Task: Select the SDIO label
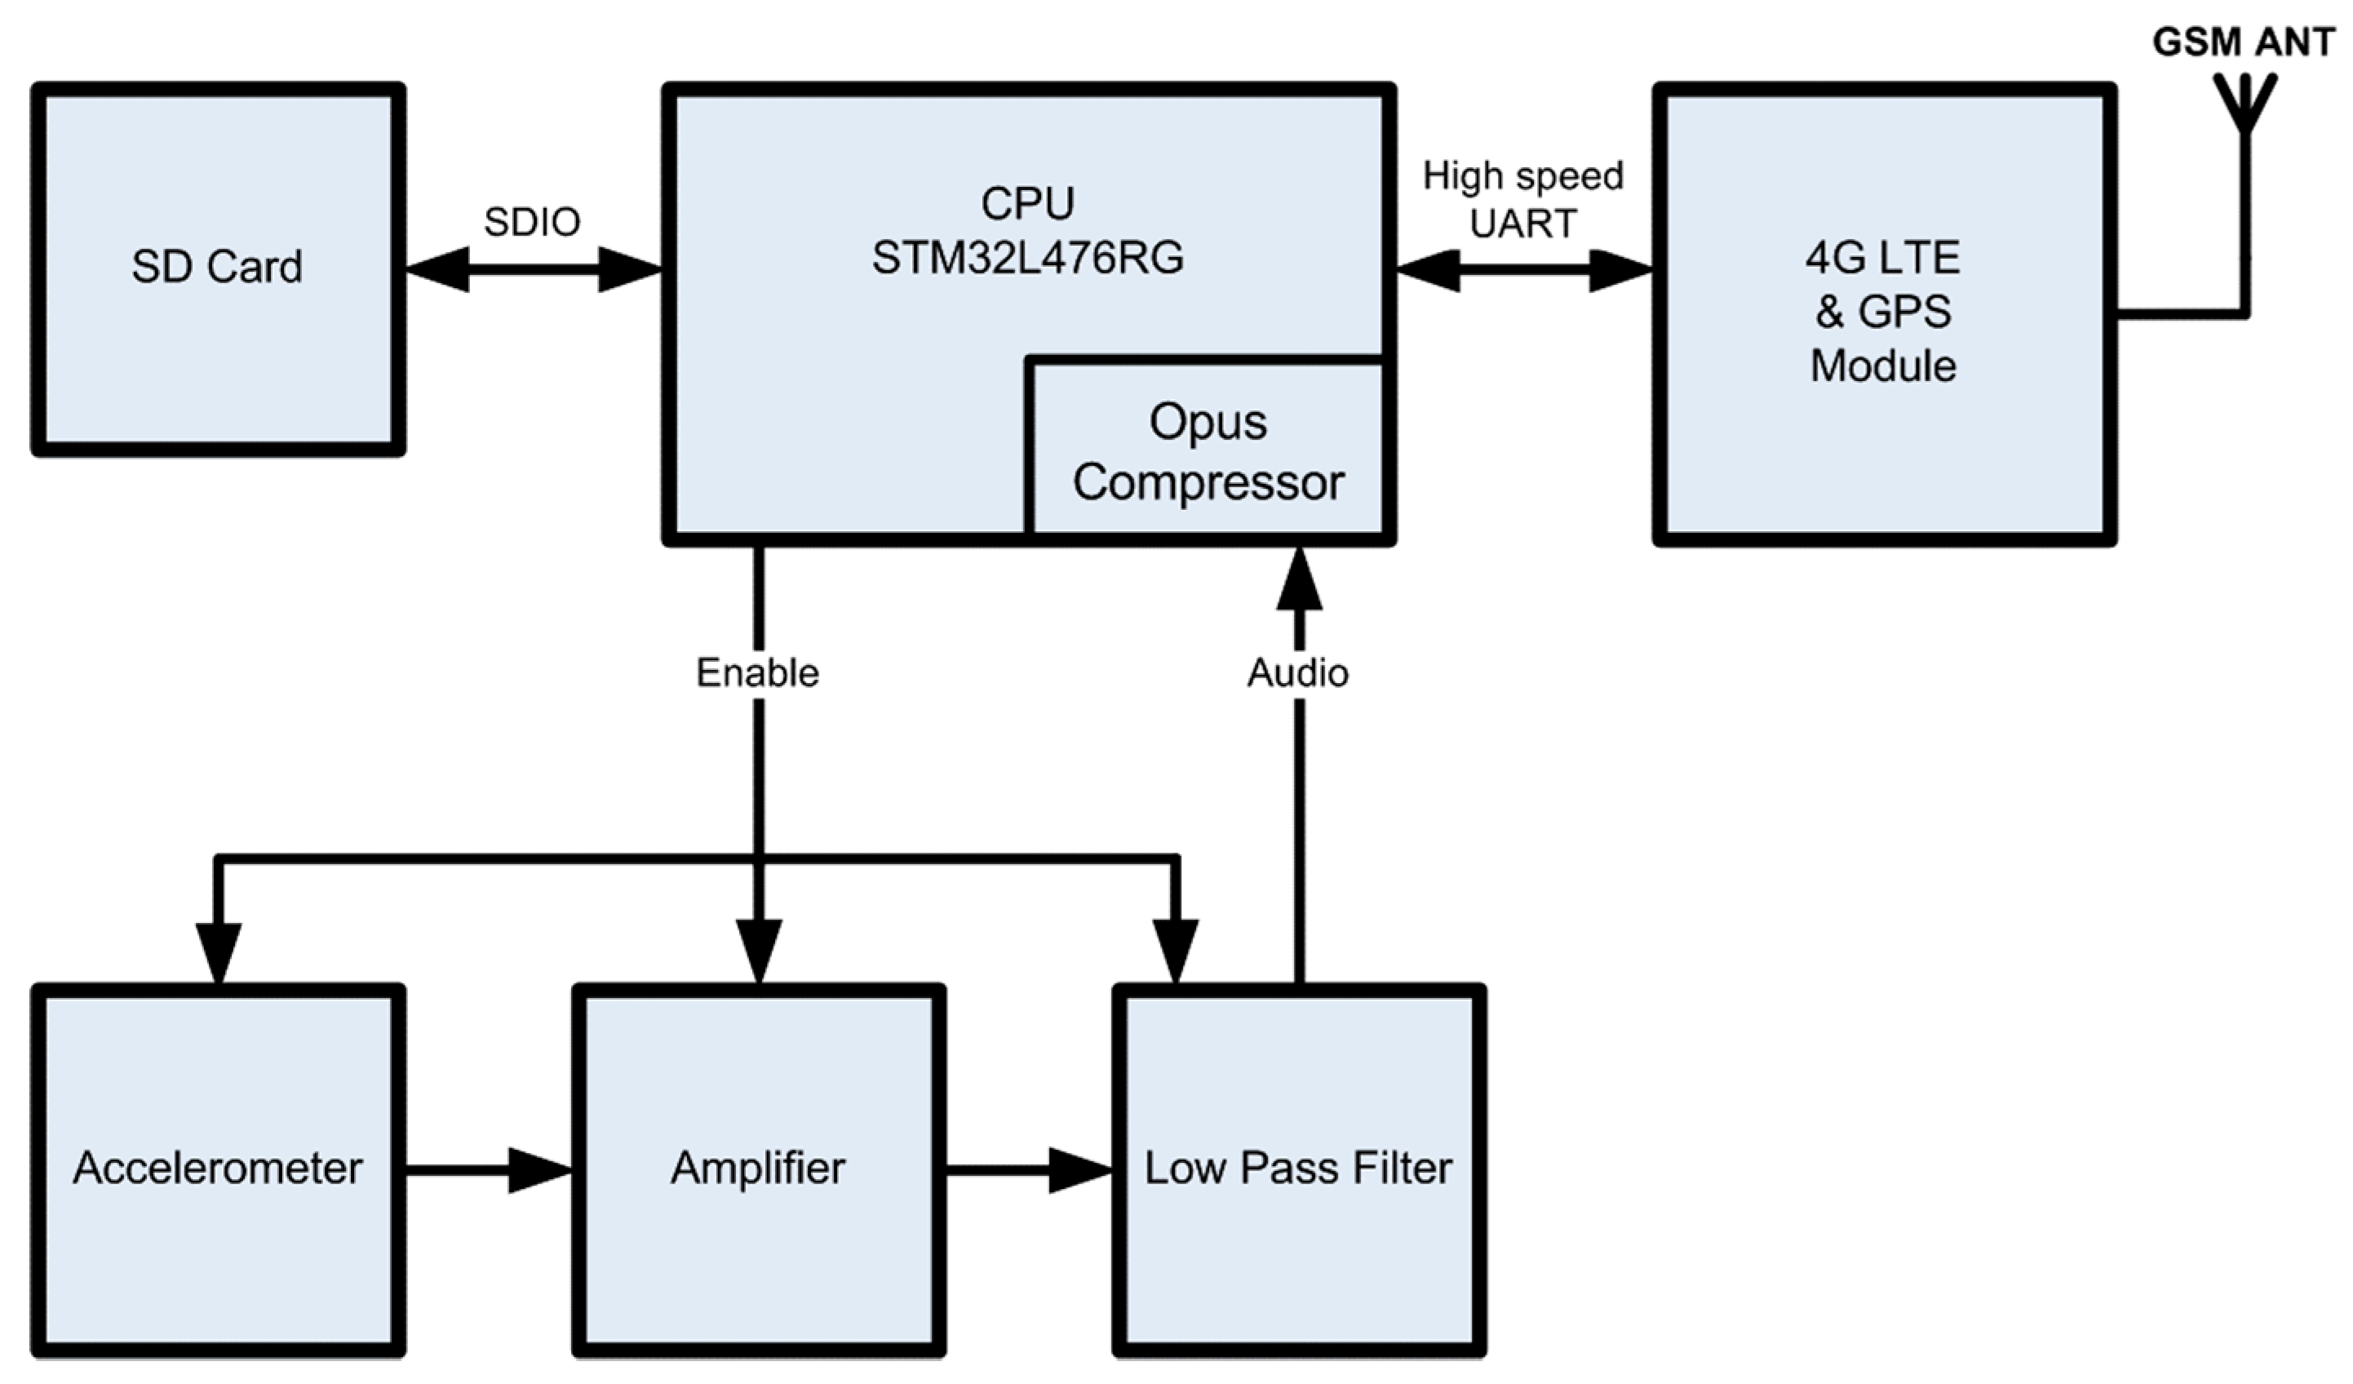[x=531, y=222]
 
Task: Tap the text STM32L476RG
[x=1027, y=258]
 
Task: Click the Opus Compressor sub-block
[x=1208, y=452]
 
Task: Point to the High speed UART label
[x=1523, y=199]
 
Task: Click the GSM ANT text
[x=2242, y=42]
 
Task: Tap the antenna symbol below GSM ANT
[x=2244, y=103]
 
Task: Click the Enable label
[x=757, y=672]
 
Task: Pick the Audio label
[x=1298, y=672]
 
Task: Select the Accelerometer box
[x=218, y=1167]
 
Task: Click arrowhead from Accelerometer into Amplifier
[x=538, y=1169]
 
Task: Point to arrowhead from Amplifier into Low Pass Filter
[x=1079, y=1169]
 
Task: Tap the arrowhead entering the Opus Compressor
[x=1299, y=579]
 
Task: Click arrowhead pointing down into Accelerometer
[x=218, y=951]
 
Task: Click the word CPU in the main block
[x=1027, y=203]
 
